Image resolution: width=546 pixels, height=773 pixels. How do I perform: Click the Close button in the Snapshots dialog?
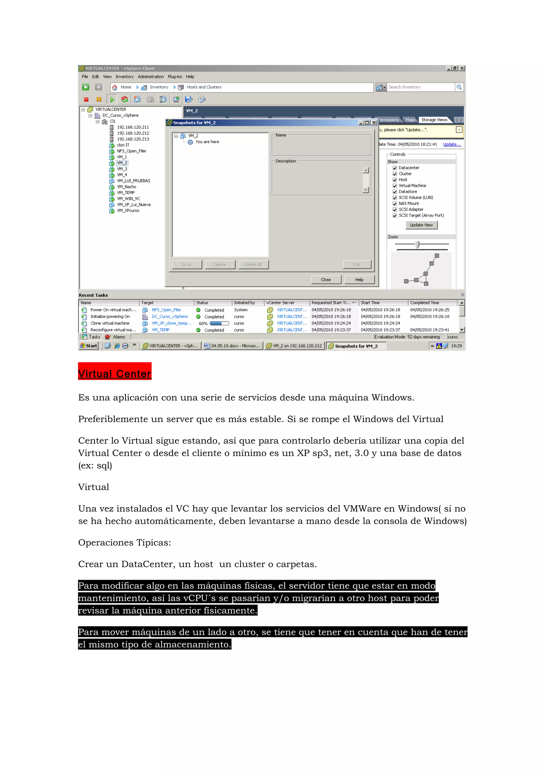click(326, 280)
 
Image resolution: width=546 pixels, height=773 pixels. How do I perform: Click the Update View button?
click(421, 225)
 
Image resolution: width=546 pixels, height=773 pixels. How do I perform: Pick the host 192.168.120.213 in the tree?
click(133, 139)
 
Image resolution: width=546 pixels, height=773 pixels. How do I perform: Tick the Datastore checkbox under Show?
click(395, 192)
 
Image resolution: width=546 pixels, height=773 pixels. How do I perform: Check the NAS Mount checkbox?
click(395, 203)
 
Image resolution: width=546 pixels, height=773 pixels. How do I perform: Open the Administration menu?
click(151, 77)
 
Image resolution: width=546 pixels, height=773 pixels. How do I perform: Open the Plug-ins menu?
click(175, 77)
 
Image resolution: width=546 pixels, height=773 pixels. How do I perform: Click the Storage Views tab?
click(434, 120)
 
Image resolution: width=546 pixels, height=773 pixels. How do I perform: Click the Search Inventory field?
click(420, 87)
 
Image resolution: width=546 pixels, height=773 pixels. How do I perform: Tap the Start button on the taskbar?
click(89, 346)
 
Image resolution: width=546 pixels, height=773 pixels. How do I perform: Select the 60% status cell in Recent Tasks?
click(203, 323)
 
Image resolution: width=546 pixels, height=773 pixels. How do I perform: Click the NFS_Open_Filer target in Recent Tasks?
click(166, 310)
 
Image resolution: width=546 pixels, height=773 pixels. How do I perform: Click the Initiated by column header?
click(244, 303)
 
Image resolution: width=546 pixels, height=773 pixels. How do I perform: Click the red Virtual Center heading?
click(115, 373)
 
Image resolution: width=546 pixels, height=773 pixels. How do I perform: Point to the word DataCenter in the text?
click(148, 564)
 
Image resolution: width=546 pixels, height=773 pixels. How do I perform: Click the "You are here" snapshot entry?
click(207, 142)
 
